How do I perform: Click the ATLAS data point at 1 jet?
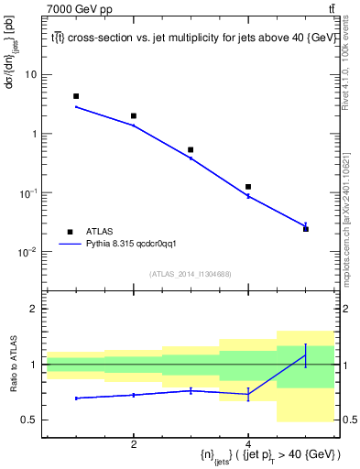(x=76, y=96)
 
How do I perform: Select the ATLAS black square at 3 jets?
(x=191, y=149)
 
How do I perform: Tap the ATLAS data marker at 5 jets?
(x=306, y=228)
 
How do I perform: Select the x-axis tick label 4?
(x=248, y=444)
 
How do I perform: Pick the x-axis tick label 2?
(x=134, y=444)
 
